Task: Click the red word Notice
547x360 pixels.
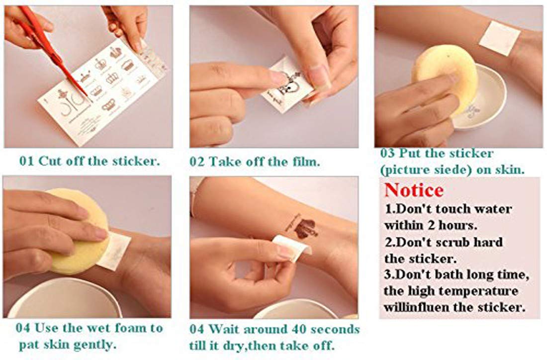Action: click(x=414, y=190)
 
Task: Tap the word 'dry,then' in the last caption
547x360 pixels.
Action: click(x=245, y=346)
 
